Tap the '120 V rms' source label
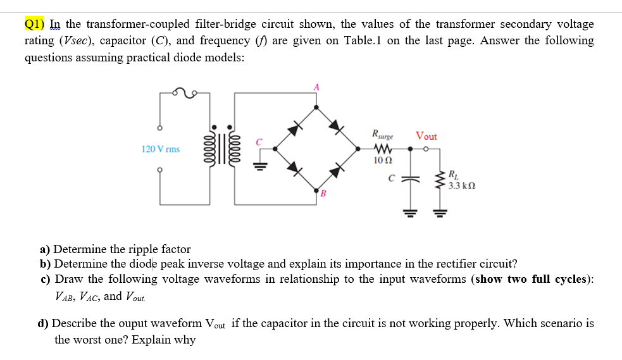coord(160,149)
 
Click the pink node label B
coord(321,193)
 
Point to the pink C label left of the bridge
coord(258,142)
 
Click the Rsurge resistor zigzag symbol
coord(383,149)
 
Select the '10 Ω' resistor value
coord(383,161)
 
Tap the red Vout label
coord(426,136)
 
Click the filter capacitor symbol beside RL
coord(411,179)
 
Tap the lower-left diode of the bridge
coord(293,168)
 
